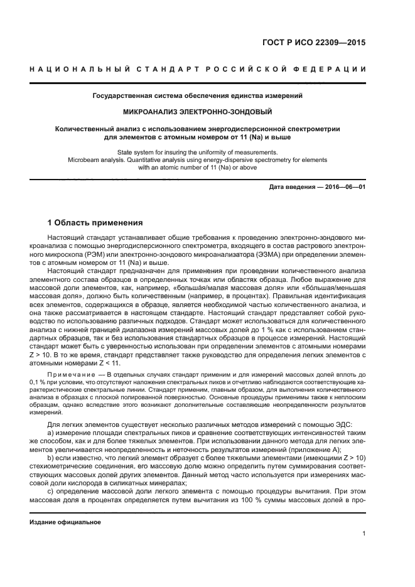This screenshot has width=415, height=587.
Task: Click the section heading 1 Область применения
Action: [95, 223]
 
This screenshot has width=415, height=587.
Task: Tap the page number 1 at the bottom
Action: [364, 534]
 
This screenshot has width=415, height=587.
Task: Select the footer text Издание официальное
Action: [65, 522]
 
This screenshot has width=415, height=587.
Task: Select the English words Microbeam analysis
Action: [96, 160]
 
